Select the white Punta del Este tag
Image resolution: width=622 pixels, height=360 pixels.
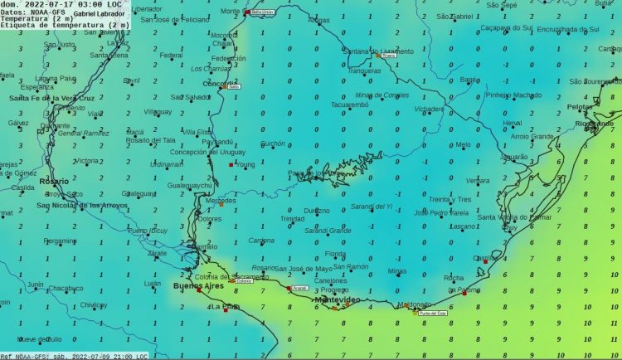(x=432, y=314)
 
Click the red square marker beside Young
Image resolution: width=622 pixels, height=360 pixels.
(x=231, y=165)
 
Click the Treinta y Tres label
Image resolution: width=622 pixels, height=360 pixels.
(x=449, y=199)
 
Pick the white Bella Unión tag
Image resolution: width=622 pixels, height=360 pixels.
(x=263, y=12)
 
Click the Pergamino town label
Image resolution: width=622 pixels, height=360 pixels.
(x=60, y=241)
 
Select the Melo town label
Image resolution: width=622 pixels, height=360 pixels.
(x=463, y=145)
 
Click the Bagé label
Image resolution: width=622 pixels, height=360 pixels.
(x=468, y=80)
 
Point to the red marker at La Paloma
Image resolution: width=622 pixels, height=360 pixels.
(x=466, y=291)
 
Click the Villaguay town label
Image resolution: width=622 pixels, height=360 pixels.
(x=158, y=111)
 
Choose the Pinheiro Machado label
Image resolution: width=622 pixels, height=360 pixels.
(x=513, y=95)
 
